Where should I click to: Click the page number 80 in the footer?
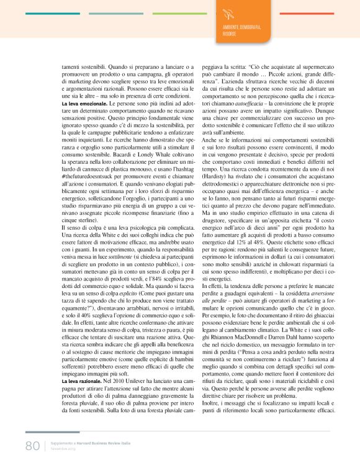32,446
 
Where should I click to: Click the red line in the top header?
297,13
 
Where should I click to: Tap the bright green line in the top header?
180,13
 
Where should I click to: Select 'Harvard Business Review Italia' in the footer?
104,444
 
